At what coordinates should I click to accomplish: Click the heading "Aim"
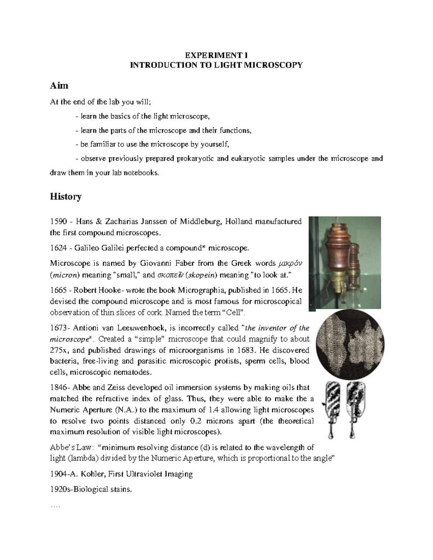pos(59,86)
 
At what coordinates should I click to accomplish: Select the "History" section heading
pos(65,197)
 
